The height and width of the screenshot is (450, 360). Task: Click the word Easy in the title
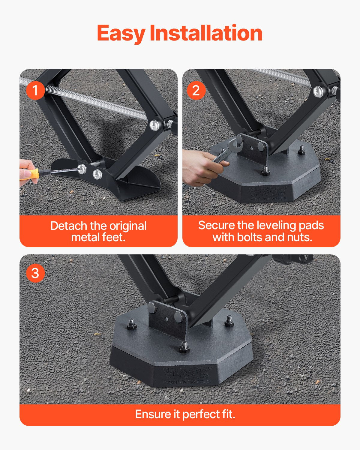[121, 33]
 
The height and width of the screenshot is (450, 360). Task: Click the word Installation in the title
[206, 33]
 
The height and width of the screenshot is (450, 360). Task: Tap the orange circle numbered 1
[35, 90]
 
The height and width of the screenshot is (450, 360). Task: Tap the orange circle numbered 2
[196, 90]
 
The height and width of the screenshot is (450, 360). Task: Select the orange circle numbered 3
[35, 273]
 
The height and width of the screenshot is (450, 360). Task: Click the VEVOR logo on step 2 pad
[268, 191]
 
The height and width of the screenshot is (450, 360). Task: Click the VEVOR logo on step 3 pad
[186, 373]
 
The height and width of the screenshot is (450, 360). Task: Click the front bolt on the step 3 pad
[184, 348]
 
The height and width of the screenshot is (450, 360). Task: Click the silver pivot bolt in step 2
[319, 91]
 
